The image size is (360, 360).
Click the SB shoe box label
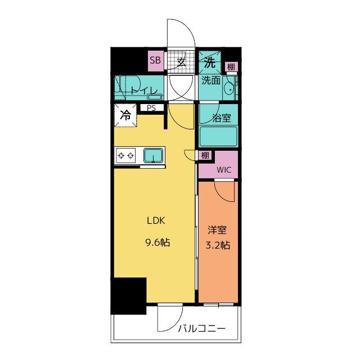pyautogui.click(x=155, y=60)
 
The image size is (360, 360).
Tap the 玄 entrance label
pyautogui.click(x=181, y=62)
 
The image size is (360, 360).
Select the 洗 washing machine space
pyautogui.click(x=210, y=62)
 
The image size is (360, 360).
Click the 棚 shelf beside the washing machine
pyautogui.click(x=231, y=67)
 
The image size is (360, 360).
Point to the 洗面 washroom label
pyautogui.click(x=211, y=80)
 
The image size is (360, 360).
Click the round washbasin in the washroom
pyautogui.click(x=229, y=88)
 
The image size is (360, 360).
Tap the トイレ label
pyautogui.click(x=144, y=91)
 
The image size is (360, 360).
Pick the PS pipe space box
pyautogui.click(x=151, y=108)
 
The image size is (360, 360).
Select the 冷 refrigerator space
pyautogui.click(x=125, y=115)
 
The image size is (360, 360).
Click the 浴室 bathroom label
pyautogui.click(x=222, y=118)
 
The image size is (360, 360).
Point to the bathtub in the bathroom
pyautogui.click(x=218, y=137)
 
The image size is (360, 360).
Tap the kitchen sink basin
pyautogui.click(x=154, y=155)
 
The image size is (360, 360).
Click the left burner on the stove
pyautogui.click(x=121, y=156)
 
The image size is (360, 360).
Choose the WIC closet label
pyautogui.click(x=224, y=170)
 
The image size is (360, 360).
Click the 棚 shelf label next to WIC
pyautogui.click(x=205, y=155)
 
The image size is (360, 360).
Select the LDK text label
pyautogui.click(x=156, y=220)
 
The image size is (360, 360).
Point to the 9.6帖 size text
pyautogui.click(x=157, y=242)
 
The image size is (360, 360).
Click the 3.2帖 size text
pyautogui.click(x=218, y=245)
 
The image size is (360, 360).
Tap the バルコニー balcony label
pyautogui.click(x=202, y=328)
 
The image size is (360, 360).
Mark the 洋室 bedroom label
pyautogui.click(x=217, y=230)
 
